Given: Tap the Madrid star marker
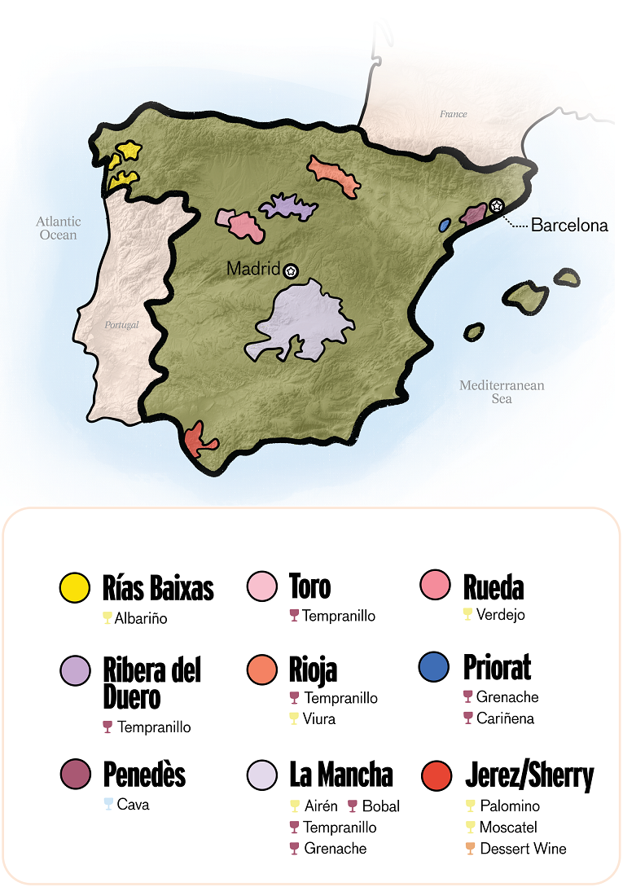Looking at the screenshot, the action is (x=292, y=270).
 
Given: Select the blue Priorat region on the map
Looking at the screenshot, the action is (x=445, y=224).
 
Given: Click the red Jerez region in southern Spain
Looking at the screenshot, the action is (x=195, y=440).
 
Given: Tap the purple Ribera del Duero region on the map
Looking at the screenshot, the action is (x=287, y=207).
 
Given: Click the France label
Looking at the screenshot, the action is (x=453, y=114).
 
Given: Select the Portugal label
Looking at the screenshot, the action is (x=121, y=324).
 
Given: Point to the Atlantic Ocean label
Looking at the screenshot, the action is (x=59, y=228).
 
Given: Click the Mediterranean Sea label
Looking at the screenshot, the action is (x=502, y=392).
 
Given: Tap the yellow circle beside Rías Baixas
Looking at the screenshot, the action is (x=76, y=588).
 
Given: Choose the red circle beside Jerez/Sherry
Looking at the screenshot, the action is (x=437, y=775).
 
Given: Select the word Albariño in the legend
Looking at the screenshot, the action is (x=141, y=618).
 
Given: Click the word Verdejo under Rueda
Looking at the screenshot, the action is (x=501, y=614).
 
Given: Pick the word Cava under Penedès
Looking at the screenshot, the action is (x=133, y=805).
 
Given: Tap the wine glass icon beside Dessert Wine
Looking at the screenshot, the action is (x=470, y=849).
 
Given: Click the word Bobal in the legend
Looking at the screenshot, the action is (x=380, y=806).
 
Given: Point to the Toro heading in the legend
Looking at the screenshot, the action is (x=310, y=586).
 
